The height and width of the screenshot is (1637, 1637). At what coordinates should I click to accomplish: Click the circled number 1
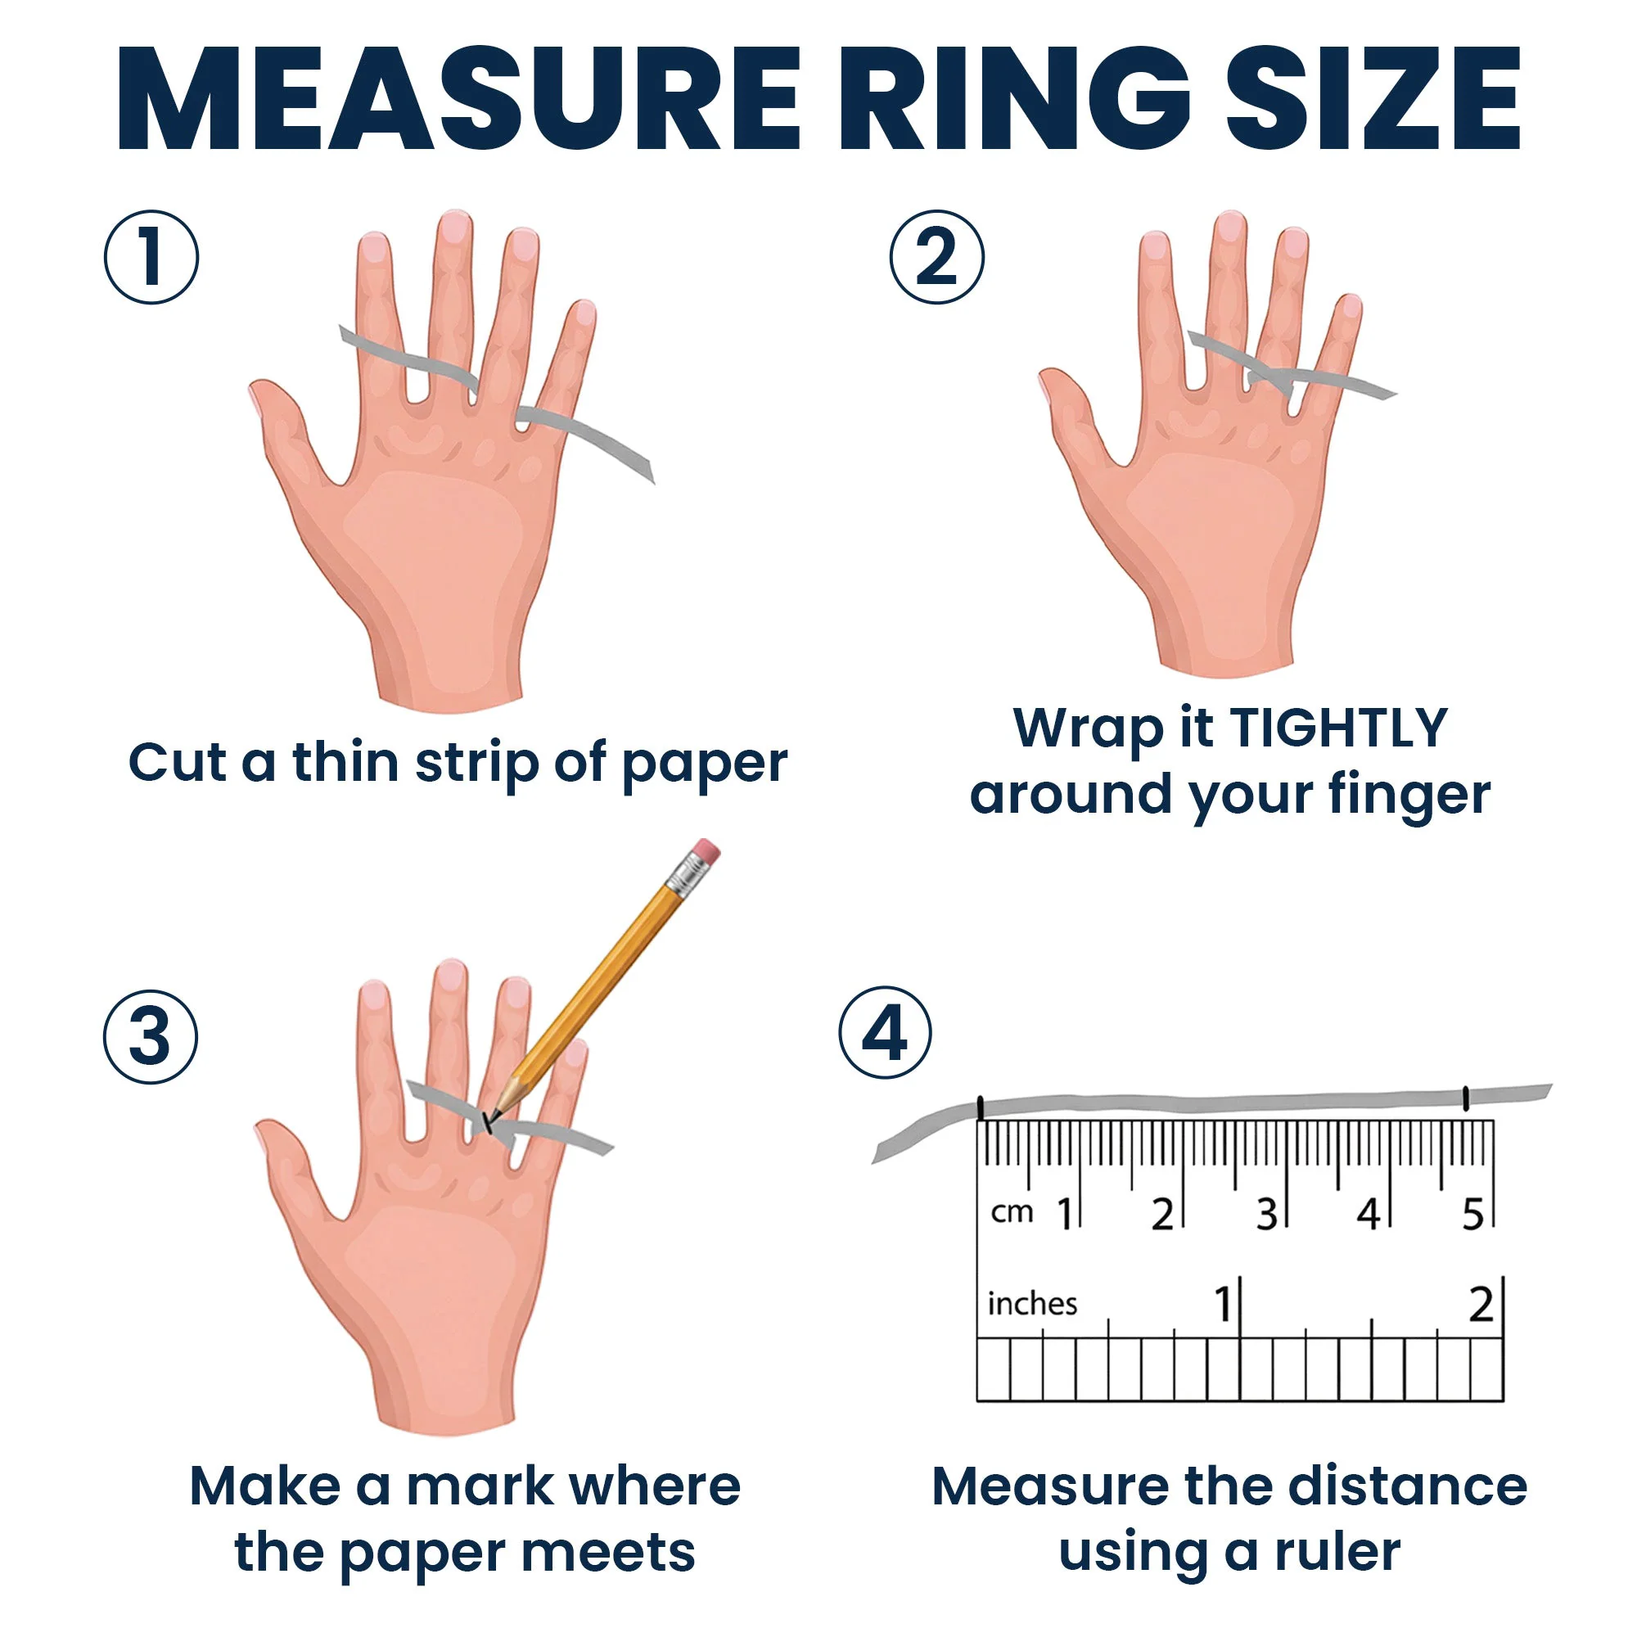(151, 258)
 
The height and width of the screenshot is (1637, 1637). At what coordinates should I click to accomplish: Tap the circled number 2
(937, 258)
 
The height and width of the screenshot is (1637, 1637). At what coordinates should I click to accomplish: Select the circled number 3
(151, 1037)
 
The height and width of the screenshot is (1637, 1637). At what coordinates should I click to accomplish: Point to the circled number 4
(886, 1033)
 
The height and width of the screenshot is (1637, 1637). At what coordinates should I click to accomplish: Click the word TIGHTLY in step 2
(1338, 727)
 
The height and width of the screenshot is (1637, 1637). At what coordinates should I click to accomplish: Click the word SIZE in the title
(1373, 100)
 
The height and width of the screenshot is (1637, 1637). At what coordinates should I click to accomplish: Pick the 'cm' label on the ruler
(1012, 1212)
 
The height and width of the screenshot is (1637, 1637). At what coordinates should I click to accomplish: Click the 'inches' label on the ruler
(1032, 1302)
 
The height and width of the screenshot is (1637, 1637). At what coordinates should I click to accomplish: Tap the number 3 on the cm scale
(1266, 1214)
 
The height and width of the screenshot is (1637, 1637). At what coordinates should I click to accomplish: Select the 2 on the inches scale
(1481, 1304)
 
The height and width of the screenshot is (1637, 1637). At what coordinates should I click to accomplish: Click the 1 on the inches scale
(1223, 1304)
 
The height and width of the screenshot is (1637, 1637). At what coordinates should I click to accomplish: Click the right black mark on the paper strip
(1466, 1099)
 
